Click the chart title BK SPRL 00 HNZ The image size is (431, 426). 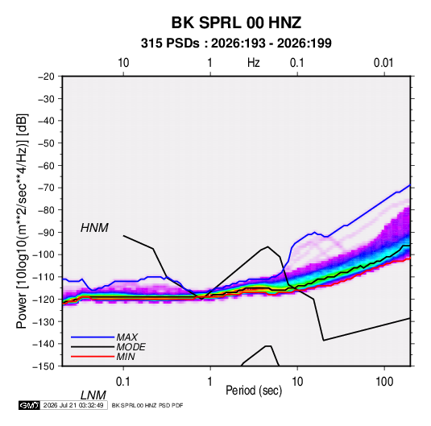(236, 23)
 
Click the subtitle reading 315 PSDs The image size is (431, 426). (170, 43)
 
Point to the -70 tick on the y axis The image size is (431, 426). (46, 188)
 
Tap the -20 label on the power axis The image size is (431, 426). (46, 77)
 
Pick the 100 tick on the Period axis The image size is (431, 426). (384, 382)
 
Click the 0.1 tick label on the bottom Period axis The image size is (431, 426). (123, 382)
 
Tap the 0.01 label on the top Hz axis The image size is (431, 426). (383, 63)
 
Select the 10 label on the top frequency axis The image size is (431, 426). (123, 63)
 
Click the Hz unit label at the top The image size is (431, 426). (254, 63)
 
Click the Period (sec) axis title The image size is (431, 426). (254, 391)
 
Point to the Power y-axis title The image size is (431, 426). (22, 221)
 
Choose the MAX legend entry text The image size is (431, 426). (127, 337)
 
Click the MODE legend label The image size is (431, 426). (131, 347)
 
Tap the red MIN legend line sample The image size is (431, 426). (93, 357)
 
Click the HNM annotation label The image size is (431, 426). (94, 228)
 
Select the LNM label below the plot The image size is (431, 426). (93, 395)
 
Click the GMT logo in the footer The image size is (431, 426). (29, 405)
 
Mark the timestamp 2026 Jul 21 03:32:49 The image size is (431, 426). (73, 405)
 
